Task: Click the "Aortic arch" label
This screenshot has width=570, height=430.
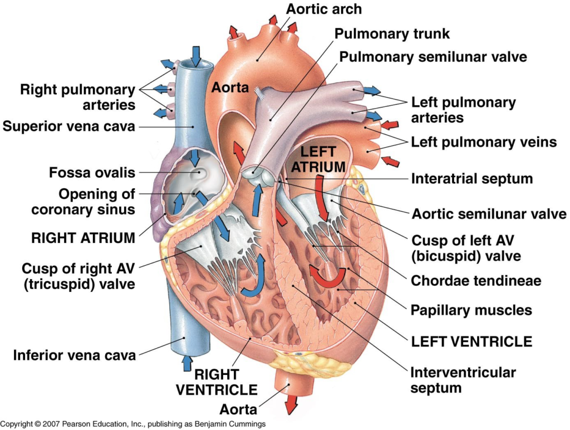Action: pos(324,9)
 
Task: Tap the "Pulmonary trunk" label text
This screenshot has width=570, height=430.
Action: pos(392,33)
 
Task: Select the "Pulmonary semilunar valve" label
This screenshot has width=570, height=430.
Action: pos(433,57)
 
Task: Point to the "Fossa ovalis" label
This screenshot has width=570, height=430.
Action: pos(92,173)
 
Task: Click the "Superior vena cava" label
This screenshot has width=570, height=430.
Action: pos(69,126)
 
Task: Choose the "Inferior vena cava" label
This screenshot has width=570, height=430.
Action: pos(75,355)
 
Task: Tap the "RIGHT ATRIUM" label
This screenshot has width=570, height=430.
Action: pos(83,238)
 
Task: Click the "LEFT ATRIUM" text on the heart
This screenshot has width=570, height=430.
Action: pos(319,159)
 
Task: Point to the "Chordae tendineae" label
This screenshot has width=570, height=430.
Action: pos(476,281)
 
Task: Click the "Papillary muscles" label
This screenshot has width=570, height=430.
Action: pos(471,310)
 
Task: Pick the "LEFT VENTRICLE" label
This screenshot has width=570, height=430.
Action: pos(471,341)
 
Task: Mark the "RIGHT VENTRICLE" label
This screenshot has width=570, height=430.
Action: pos(217,382)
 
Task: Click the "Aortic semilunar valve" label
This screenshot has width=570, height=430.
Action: pos(489,214)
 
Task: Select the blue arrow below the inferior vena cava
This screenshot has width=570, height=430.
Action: pos(188,364)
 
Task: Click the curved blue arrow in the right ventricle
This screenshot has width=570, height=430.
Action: pos(253,278)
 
